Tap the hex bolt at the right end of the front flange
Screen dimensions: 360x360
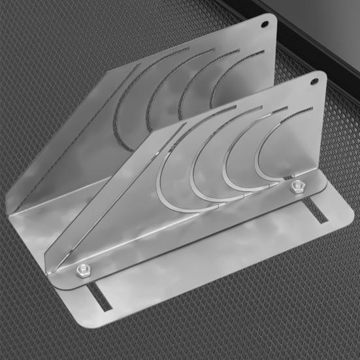pos(297,188)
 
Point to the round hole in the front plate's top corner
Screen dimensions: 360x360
pos(316,82)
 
